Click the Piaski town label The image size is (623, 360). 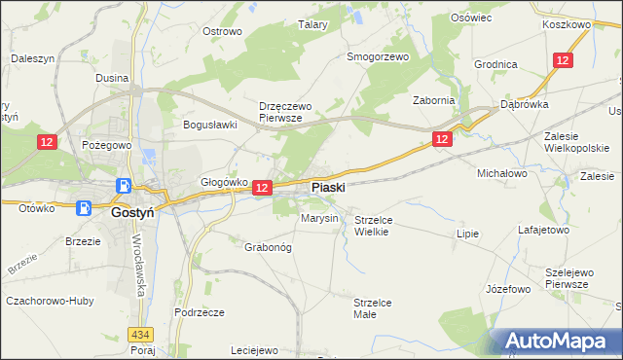coord(328,188)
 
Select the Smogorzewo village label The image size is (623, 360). coord(379,56)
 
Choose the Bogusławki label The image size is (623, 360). coord(211,125)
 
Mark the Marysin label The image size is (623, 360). coord(319,219)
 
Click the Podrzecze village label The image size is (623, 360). coord(200,312)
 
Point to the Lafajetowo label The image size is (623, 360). coord(543,231)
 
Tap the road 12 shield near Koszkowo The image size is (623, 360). coord(563,60)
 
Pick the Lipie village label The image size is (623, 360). coord(468,234)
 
